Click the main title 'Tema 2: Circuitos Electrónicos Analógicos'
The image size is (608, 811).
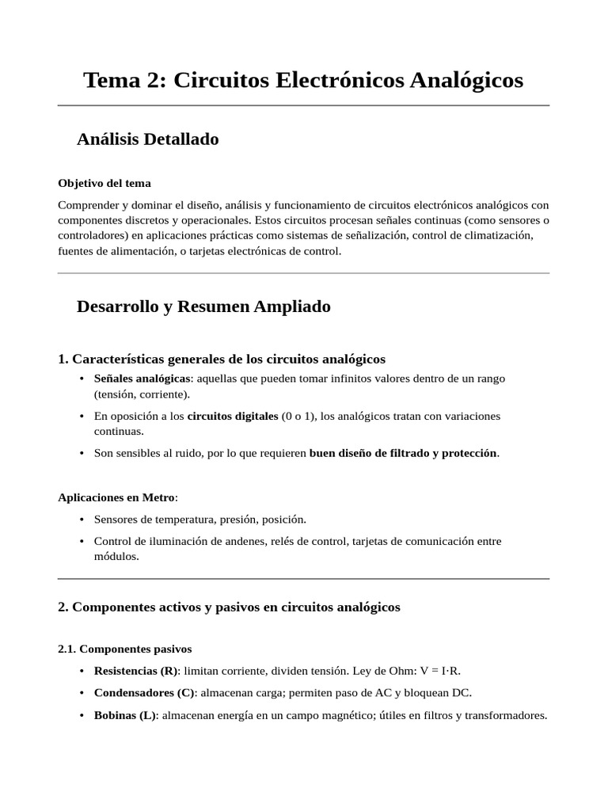tap(303, 80)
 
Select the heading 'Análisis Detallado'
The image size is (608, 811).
tap(147, 139)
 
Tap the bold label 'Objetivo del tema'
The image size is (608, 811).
tap(104, 183)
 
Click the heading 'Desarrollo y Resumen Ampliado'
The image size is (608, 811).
tap(203, 307)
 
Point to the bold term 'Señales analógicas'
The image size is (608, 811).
tap(142, 379)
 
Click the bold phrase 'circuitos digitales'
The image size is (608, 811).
tap(233, 416)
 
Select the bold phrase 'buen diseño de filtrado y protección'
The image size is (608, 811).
tap(402, 453)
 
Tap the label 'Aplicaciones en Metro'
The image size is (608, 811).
tap(116, 497)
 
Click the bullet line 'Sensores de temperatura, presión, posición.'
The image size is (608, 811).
tap(199, 520)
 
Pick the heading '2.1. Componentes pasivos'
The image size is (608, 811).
tap(124, 649)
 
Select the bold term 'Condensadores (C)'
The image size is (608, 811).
tap(144, 693)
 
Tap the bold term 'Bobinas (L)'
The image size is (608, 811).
tap(125, 715)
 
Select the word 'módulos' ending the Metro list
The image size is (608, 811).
tap(116, 556)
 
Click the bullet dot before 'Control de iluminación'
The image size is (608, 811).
tap(82, 542)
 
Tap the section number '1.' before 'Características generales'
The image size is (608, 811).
tap(63, 359)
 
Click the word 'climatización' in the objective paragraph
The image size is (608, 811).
tap(499, 236)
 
